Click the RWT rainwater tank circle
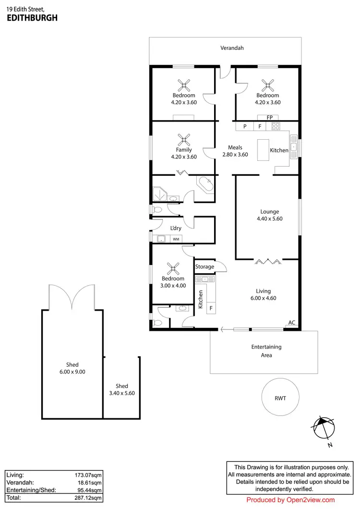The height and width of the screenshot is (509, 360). pyautogui.click(x=280, y=398)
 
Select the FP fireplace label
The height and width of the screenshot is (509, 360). pyautogui.click(x=269, y=117)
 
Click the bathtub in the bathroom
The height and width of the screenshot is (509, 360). pyautogui.click(x=206, y=184)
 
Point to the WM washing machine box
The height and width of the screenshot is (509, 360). pyautogui.click(x=176, y=239)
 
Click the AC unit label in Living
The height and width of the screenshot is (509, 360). pyautogui.click(x=291, y=323)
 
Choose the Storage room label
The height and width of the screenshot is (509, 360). pyautogui.click(x=204, y=267)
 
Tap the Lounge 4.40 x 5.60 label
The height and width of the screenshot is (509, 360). pyautogui.click(x=269, y=215)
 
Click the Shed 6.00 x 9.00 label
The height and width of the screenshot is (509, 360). pyautogui.click(x=72, y=368)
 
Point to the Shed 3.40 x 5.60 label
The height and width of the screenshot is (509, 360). pyautogui.click(x=122, y=389)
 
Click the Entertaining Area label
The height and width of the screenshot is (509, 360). pyautogui.click(x=266, y=351)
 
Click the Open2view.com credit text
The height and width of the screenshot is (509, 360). pyautogui.click(x=290, y=500)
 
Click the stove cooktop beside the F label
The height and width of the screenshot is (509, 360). pyautogui.click(x=276, y=127)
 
